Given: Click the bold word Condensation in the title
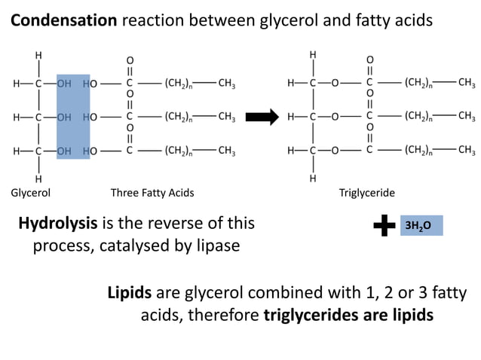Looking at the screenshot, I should [63, 20].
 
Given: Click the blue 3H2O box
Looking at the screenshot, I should [421, 225].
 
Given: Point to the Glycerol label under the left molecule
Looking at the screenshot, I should [31, 193].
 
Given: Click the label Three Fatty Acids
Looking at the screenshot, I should [152, 193].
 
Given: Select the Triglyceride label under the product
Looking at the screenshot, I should [367, 193].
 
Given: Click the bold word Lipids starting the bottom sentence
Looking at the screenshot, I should [130, 292].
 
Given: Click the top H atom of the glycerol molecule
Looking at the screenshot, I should [38, 56].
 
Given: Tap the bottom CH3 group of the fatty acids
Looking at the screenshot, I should [226, 151].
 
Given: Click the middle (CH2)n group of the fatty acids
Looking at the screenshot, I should [179, 117].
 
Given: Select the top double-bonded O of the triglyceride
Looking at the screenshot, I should [369, 59].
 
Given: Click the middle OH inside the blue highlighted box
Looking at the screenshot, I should [65, 117].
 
